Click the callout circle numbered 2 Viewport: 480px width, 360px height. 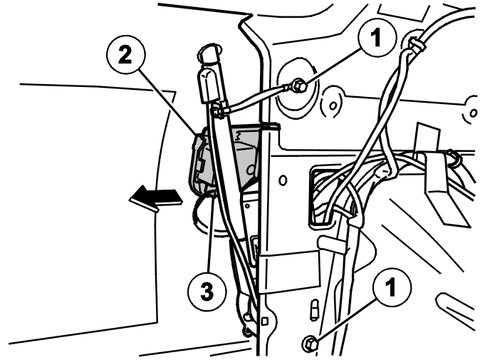[126, 55]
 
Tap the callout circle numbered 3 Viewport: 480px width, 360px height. [207, 291]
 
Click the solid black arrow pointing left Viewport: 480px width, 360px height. [156, 200]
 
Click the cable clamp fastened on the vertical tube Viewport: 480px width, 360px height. [218, 110]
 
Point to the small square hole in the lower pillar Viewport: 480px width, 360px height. [266, 321]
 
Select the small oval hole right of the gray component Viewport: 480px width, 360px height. [283, 180]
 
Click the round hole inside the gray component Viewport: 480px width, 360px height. [251, 169]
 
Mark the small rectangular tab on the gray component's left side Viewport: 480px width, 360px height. [201, 166]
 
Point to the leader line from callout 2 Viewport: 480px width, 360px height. [168, 102]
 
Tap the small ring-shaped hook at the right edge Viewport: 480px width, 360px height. [453, 158]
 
